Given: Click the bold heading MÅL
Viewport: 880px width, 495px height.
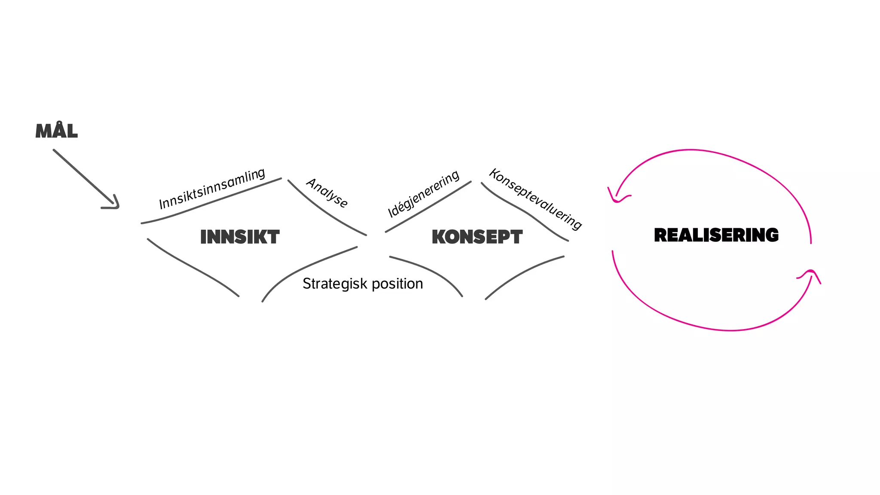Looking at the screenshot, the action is [57, 131].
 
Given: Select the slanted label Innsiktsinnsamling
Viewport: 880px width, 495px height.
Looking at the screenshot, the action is [212, 189].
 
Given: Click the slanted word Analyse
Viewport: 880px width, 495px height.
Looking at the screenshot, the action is [327, 193].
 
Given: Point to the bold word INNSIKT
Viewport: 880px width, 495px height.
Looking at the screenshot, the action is [240, 237].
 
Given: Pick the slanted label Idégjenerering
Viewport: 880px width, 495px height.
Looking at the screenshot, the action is [424, 194].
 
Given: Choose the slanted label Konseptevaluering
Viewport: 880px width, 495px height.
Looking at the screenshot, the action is [536, 199].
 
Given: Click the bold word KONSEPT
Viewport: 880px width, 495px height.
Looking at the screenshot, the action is [477, 237].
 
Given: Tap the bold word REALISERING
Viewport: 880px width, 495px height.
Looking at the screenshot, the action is [716, 235].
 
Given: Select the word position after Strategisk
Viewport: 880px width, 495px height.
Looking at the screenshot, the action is [397, 284].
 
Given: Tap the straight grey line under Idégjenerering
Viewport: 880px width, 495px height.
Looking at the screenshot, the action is [428, 207].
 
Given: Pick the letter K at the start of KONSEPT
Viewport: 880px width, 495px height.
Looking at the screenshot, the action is [439, 237].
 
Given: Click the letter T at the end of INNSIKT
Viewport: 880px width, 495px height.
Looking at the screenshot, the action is [272, 237].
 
